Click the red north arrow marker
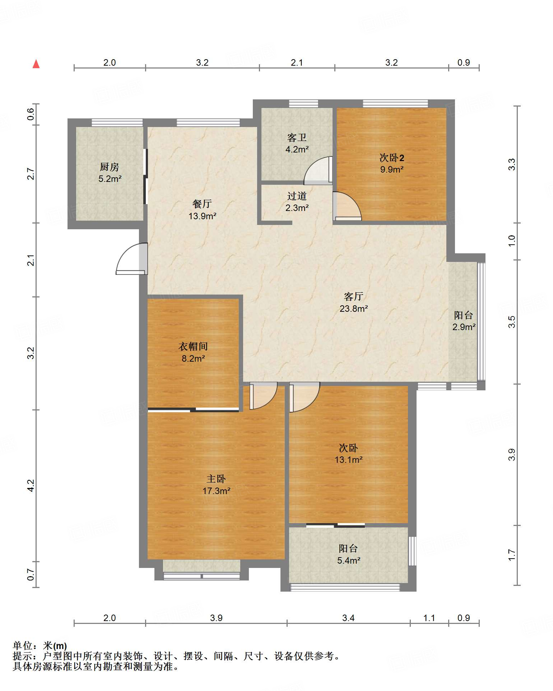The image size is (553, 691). (x=36, y=64)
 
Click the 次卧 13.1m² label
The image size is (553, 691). (x=349, y=454)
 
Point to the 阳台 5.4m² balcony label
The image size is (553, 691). (x=349, y=554)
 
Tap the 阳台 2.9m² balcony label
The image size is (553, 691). (x=464, y=321)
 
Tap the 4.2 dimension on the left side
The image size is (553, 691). (x=31, y=485)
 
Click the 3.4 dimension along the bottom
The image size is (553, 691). (x=348, y=618)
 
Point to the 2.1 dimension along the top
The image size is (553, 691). (x=297, y=62)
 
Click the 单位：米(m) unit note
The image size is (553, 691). (x=40, y=646)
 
